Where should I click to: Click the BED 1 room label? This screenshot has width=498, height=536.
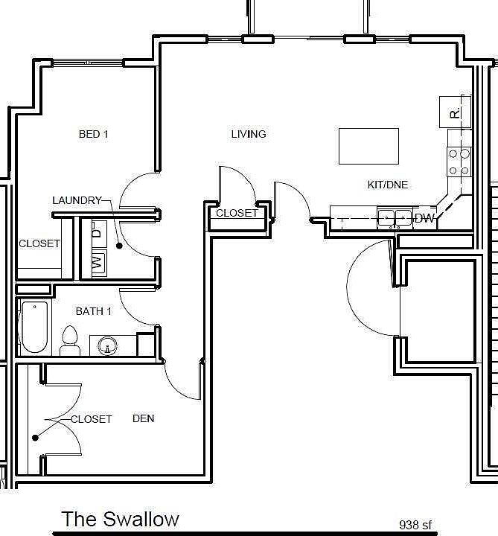[x=94, y=135]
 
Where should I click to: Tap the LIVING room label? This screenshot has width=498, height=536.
[x=249, y=135]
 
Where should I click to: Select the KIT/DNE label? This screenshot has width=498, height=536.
[x=388, y=185]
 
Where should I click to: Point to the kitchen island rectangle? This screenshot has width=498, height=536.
[x=368, y=146]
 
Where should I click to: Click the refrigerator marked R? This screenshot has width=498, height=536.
[x=455, y=112]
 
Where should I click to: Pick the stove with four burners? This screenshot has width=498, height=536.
[x=459, y=162]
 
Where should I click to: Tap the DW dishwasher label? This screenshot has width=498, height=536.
[x=424, y=218]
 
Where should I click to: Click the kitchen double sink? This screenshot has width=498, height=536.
[x=395, y=217]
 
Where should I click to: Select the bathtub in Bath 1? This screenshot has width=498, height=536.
[x=33, y=327]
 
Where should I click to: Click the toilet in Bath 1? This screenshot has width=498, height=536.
[x=70, y=339]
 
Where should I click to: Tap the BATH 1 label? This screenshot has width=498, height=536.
[x=94, y=311]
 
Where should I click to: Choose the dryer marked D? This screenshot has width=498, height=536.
[x=98, y=231]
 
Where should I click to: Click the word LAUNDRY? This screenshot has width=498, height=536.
[x=77, y=200]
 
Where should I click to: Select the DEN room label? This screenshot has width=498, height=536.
[x=144, y=418]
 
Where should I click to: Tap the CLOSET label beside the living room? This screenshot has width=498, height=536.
[x=237, y=213]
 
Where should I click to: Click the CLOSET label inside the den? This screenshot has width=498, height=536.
[x=92, y=419]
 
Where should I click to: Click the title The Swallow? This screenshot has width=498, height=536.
[x=120, y=518]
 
